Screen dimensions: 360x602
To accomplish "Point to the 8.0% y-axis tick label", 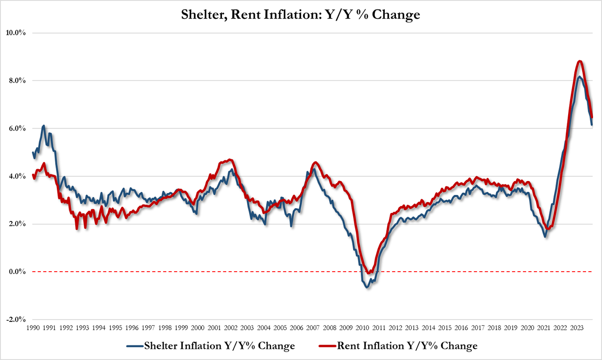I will pyautogui.click(x=17, y=81).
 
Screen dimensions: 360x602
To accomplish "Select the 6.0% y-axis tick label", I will pyautogui.click(x=17, y=128).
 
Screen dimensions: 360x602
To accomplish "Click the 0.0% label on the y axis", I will pyautogui.click(x=17, y=272).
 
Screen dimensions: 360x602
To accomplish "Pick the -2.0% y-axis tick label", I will pyautogui.click(x=16, y=320).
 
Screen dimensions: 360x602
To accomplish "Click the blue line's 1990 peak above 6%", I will pyautogui.click(x=44, y=126).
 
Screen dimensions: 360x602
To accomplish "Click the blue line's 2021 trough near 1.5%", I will pyautogui.click(x=546, y=236).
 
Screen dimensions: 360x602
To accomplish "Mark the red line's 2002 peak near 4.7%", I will pyautogui.click(x=229, y=160).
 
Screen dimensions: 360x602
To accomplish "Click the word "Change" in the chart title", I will pyautogui.click(x=395, y=15).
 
